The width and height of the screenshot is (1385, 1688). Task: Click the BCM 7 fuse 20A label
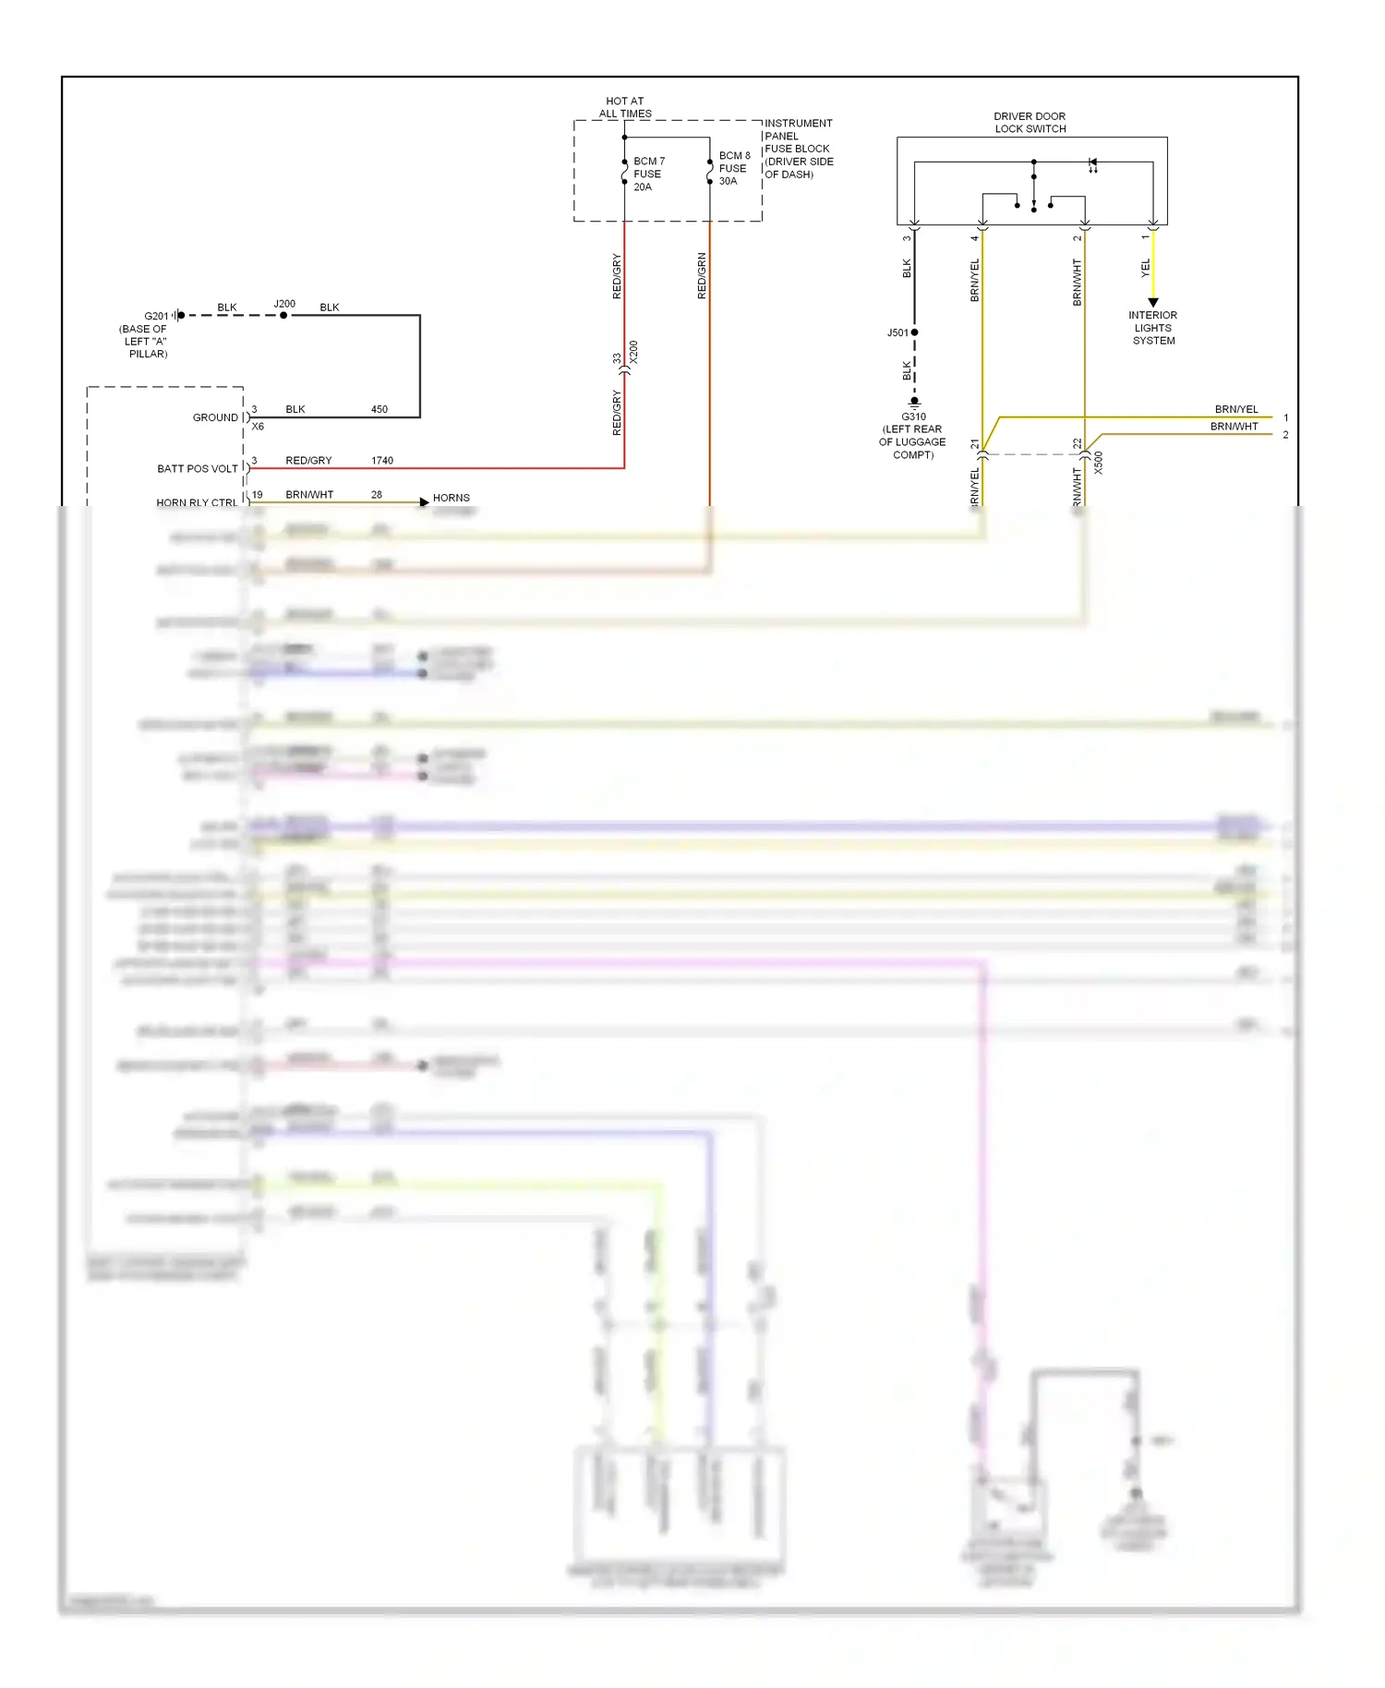[648, 174]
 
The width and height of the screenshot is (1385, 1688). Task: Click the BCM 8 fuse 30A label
[734, 168]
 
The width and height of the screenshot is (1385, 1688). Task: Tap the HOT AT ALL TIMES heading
[625, 107]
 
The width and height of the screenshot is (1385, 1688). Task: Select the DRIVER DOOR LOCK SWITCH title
[1030, 123]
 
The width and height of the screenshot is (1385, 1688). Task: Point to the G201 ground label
[156, 316]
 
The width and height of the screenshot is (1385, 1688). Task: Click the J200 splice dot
[283, 315]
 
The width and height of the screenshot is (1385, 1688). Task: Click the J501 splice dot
[914, 332]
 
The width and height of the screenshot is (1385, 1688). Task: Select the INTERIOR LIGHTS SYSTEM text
[1153, 328]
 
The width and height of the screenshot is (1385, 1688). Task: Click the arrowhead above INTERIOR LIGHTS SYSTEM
[1153, 302]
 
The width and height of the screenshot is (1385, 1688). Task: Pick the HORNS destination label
[451, 498]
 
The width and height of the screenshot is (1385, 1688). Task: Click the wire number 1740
[382, 460]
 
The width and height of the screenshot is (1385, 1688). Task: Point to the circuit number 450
[379, 409]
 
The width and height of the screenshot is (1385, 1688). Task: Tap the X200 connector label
[633, 352]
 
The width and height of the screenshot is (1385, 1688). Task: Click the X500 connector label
[1099, 463]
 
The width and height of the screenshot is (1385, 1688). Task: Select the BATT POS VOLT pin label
[197, 468]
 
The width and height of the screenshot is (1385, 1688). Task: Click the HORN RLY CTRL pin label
[196, 502]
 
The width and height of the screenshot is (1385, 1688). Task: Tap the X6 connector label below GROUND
[258, 427]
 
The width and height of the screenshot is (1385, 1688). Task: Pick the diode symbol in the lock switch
[1092, 163]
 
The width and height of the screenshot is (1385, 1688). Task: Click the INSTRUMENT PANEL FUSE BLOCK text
[798, 149]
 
